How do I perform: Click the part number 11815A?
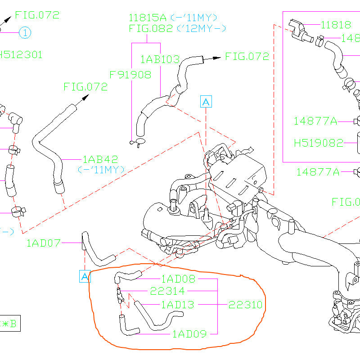[x=147, y=18]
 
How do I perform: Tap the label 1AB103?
[x=160, y=59]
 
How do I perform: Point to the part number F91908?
[x=130, y=75]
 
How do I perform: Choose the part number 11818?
[x=336, y=25]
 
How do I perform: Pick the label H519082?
[x=318, y=143]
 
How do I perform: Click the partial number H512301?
[x=21, y=55]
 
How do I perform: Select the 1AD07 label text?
[x=43, y=243]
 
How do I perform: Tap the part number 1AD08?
[x=179, y=279]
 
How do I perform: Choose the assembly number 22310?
[x=245, y=305]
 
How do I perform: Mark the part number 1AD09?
[x=189, y=334]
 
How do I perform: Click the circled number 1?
[x=25, y=32]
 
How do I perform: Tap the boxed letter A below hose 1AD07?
[x=85, y=276]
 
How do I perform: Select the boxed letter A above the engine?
[x=206, y=102]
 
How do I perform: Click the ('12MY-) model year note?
[x=201, y=29]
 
